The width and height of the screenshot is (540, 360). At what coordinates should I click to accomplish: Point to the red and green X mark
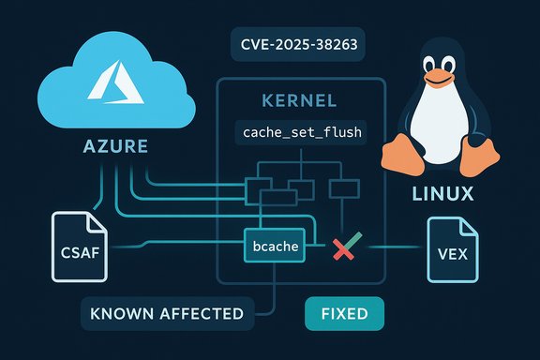pos(346,248)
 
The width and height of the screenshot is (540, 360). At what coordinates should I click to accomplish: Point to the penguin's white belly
pos(443,123)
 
